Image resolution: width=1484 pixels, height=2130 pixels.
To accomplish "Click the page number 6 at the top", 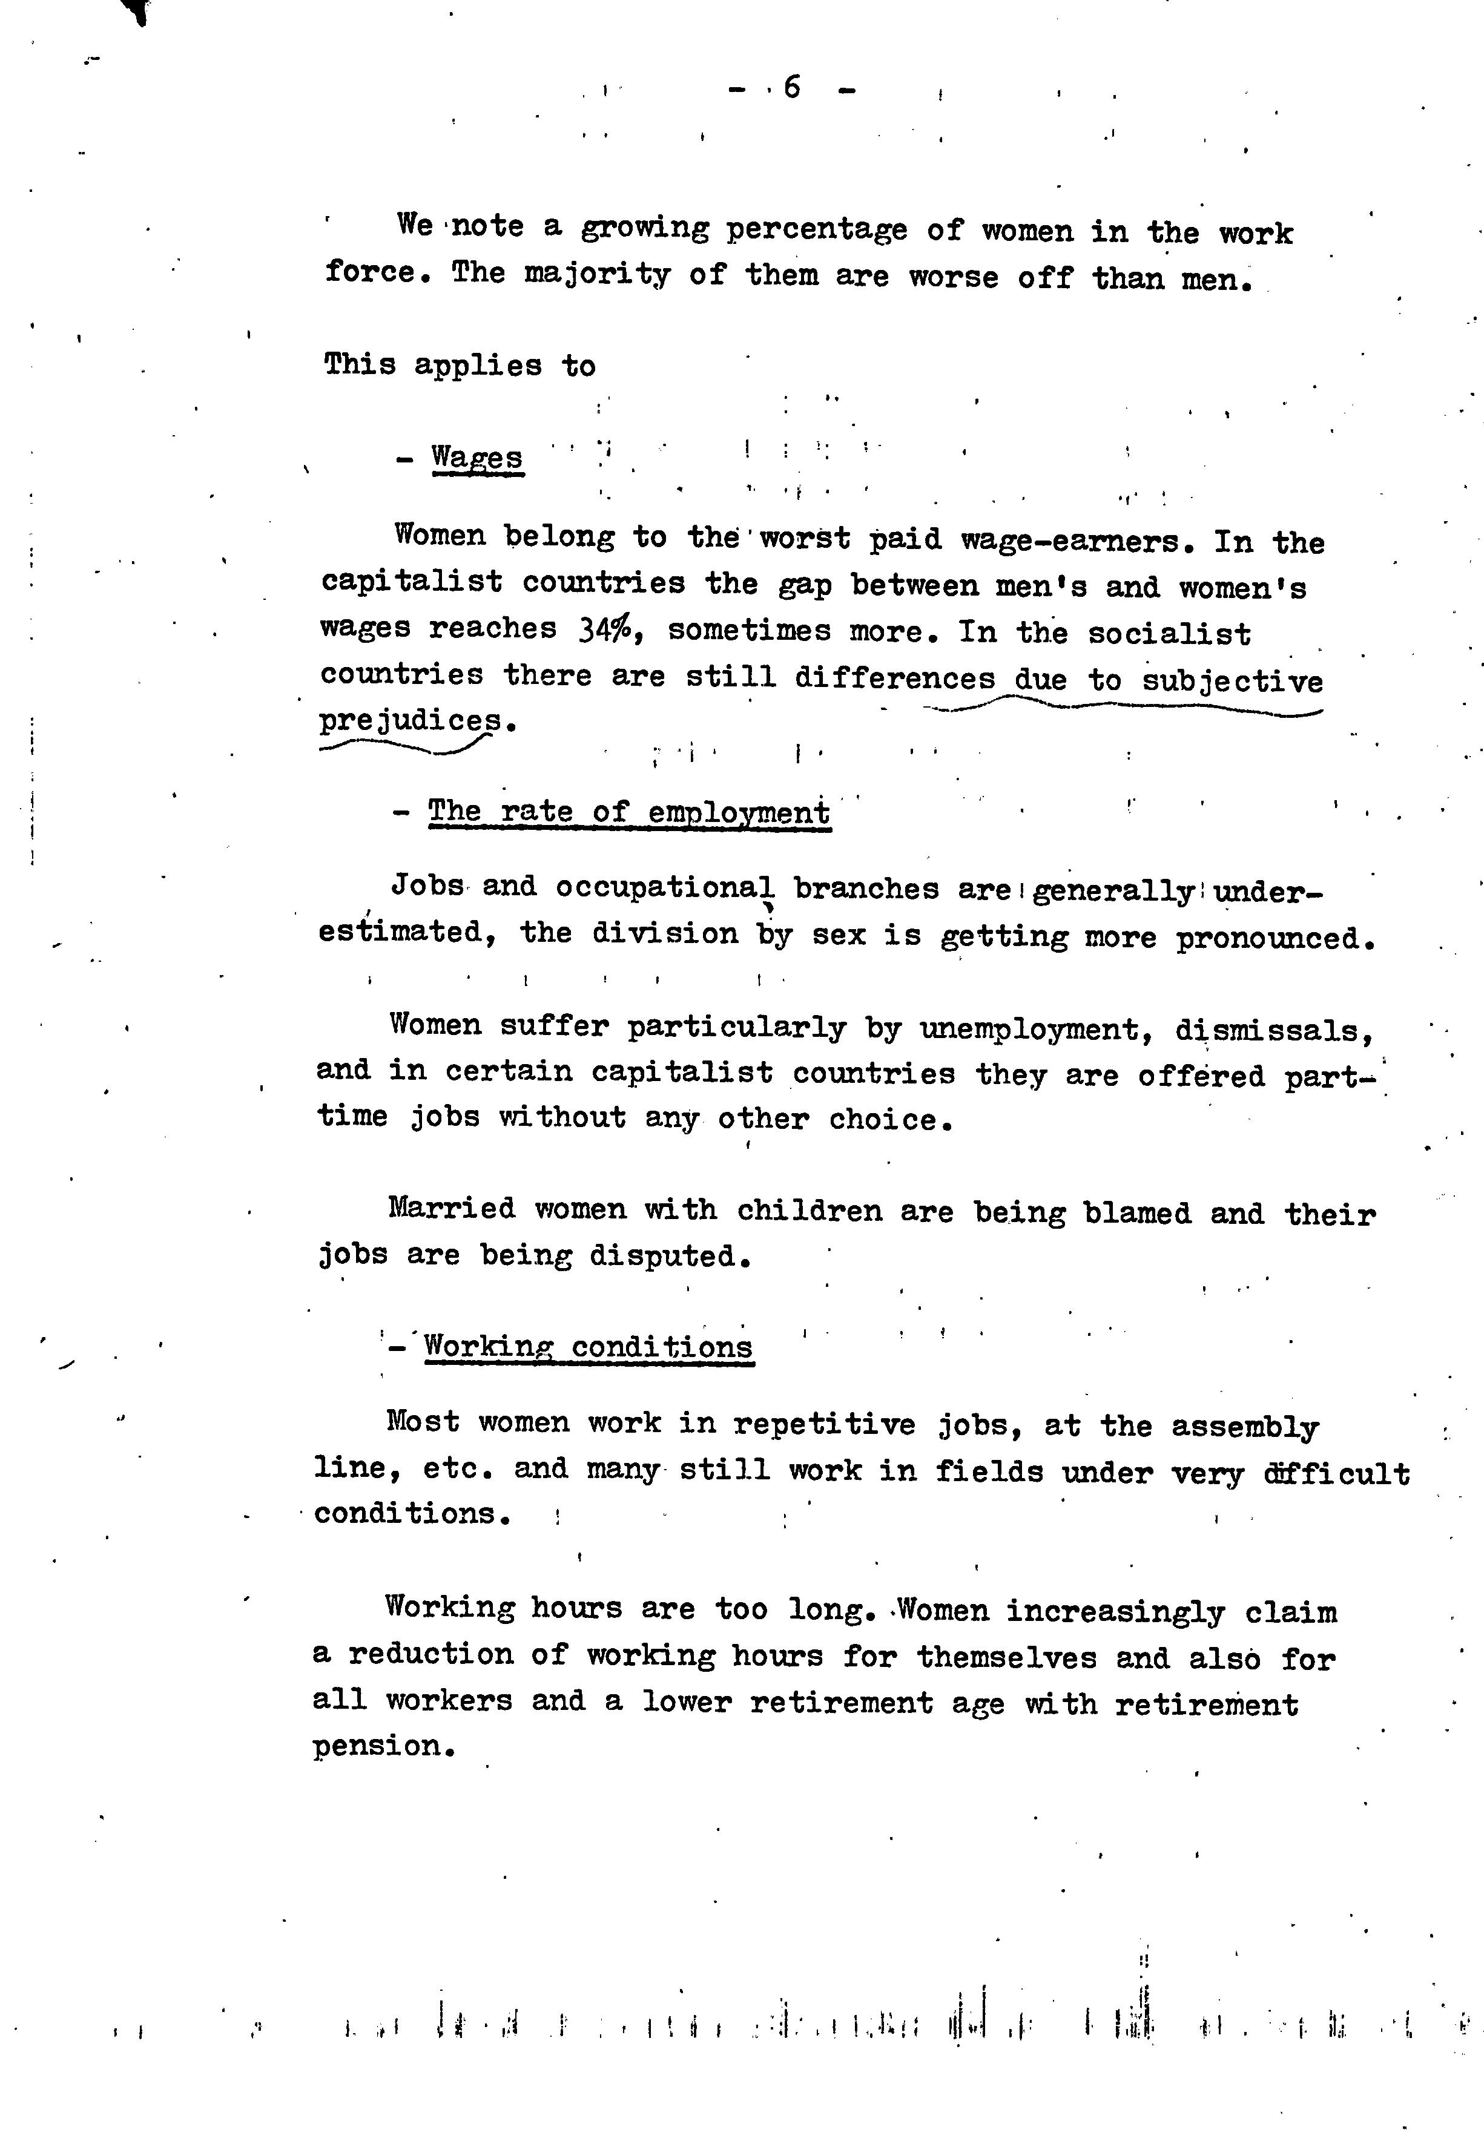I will [792, 88].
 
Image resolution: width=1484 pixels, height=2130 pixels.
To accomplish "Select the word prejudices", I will [411, 721].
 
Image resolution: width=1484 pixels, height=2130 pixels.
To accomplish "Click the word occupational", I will [665, 888].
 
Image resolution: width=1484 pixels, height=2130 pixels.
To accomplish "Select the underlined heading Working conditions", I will [589, 1347].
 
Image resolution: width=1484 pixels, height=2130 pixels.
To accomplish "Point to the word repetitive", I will [824, 1424].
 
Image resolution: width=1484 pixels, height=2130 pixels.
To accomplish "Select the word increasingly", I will [1115, 1611].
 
